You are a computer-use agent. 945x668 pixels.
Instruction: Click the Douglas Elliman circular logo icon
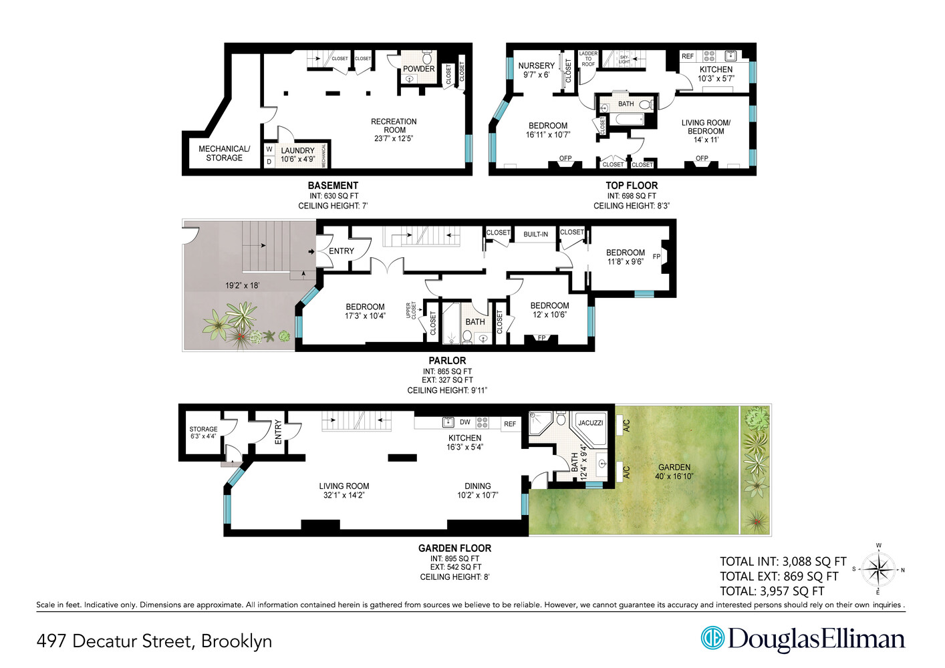coord(712,638)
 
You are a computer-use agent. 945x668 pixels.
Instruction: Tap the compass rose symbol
coord(878,570)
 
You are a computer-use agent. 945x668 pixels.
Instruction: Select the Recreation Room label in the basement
coord(394,130)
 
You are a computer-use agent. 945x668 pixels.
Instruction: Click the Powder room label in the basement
coord(418,69)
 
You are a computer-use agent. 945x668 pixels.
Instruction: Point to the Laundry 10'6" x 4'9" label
coord(297,155)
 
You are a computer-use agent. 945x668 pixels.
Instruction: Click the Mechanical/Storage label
coord(224,153)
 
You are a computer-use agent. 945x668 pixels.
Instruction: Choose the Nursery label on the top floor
coord(536,70)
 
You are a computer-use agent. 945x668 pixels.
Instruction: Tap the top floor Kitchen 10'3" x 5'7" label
coord(716,73)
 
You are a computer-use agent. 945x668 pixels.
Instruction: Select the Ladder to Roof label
coord(588,59)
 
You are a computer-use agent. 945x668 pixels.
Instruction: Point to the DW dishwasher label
coord(464,422)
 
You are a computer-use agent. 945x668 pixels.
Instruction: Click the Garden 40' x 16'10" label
coord(674,472)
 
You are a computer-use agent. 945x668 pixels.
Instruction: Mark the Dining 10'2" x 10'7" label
coord(477,490)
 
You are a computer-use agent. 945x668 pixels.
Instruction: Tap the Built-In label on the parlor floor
coord(535,234)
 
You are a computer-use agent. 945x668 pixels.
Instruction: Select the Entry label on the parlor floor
coord(341,251)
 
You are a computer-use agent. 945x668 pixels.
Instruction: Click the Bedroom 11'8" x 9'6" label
coord(625,257)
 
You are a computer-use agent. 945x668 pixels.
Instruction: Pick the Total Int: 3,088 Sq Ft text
coord(783,562)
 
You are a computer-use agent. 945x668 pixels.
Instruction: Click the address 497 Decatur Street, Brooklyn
coord(154,641)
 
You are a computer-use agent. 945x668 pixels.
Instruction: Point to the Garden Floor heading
coord(454,548)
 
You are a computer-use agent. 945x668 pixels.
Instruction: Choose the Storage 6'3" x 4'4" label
coord(203,433)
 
